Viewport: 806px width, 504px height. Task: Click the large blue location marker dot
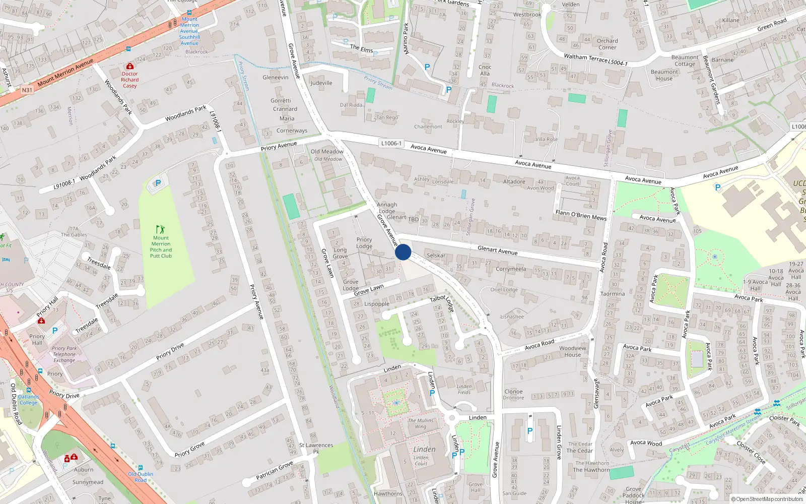(x=403, y=252)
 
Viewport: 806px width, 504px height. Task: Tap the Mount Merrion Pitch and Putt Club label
(x=161, y=246)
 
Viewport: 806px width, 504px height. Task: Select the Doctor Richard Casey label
(x=129, y=80)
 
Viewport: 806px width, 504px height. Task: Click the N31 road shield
(x=27, y=90)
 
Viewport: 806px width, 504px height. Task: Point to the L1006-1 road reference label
(x=391, y=144)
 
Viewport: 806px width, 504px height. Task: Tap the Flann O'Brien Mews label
(x=581, y=215)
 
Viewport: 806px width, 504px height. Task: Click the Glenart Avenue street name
(x=497, y=250)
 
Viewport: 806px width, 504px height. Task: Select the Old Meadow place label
(x=327, y=152)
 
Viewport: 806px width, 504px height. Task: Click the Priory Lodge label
(x=364, y=243)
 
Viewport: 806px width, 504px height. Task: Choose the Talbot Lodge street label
(x=442, y=303)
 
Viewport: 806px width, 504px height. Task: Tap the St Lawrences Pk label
(x=316, y=448)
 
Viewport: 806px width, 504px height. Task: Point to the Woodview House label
(x=573, y=351)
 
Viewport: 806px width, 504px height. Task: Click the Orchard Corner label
(x=607, y=44)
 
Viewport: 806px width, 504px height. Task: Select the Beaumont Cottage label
(x=685, y=60)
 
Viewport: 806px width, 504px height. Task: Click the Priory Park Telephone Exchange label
(x=64, y=354)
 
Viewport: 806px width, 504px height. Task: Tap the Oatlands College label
(x=29, y=400)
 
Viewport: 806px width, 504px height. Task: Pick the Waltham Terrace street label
(x=585, y=58)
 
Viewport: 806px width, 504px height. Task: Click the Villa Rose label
(x=547, y=139)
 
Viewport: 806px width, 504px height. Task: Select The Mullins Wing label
(x=421, y=423)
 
